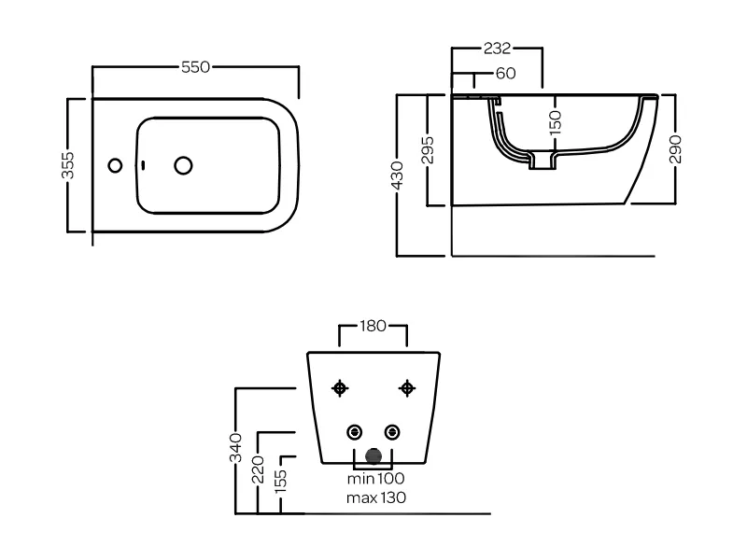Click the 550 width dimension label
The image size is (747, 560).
(x=195, y=67)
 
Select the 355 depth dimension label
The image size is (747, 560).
(x=67, y=165)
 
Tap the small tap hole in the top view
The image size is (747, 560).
(x=115, y=165)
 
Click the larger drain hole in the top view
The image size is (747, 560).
(x=184, y=165)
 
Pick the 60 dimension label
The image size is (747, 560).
(x=505, y=74)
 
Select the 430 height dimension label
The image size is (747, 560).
(x=397, y=175)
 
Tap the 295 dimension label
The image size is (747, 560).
(x=427, y=149)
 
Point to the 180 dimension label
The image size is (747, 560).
(x=373, y=326)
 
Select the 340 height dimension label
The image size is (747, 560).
(x=235, y=449)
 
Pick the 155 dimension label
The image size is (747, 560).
(x=281, y=482)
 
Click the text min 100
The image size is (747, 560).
(x=375, y=479)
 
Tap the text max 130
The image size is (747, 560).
(x=375, y=497)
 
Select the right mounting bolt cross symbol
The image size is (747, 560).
(x=406, y=387)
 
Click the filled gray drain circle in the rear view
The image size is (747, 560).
(x=374, y=457)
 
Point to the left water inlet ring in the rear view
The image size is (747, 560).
(x=355, y=432)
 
